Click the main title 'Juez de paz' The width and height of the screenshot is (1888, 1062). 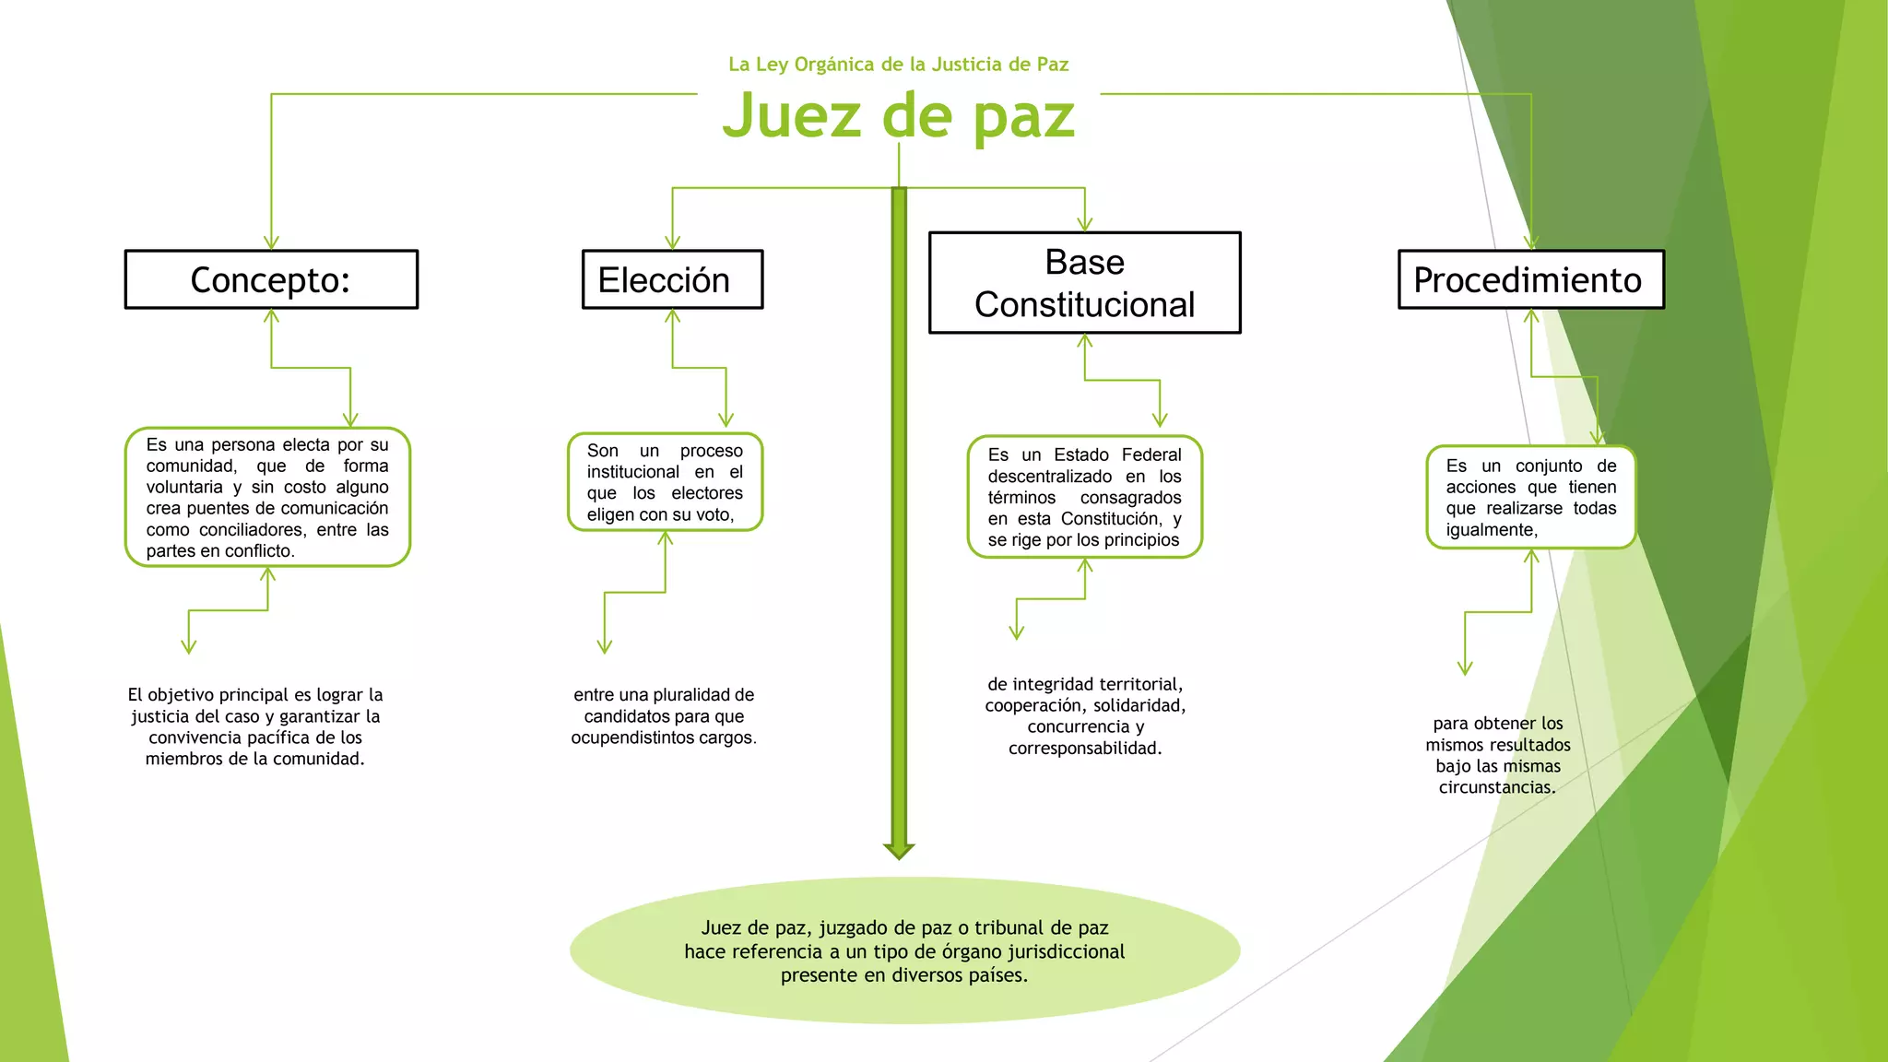coord(899,116)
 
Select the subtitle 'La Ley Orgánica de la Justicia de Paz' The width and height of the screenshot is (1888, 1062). coord(899,65)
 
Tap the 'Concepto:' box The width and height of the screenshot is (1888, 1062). coord(271,279)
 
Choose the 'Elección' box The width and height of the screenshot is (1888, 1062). coord(672,279)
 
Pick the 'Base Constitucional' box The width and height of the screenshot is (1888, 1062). coord(1084,283)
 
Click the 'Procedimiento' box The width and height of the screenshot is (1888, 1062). coord(1530,279)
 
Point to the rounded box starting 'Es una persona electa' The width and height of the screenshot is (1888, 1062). coord(267,497)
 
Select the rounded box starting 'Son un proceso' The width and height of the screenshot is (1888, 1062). coord(665,482)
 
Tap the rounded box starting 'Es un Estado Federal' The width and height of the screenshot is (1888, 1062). coord(1084,497)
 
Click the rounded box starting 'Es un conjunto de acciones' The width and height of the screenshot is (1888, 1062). coord(1530,498)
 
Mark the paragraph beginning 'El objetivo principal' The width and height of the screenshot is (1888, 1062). coord(255,726)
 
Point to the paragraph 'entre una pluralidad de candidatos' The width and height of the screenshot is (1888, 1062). coord(664,716)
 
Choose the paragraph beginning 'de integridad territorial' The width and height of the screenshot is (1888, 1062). coord(1085,716)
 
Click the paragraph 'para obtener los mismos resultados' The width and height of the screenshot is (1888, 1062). coord(1498,755)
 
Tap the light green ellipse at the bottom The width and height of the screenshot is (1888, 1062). coord(904,950)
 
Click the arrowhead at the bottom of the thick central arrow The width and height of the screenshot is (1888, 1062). coord(899,850)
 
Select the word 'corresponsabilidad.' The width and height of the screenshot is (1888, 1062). coord(1085,749)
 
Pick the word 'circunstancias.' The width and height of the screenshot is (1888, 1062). coord(1497,787)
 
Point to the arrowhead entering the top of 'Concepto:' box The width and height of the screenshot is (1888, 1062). coord(271,242)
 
